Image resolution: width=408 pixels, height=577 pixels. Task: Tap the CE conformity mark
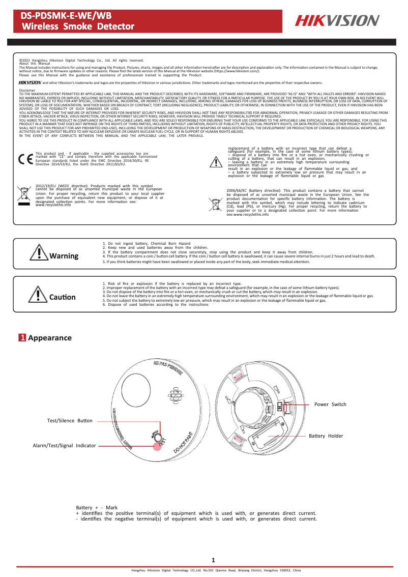pyautogui.click(x=24, y=158)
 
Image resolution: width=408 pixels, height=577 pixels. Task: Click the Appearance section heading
pyautogui.click(x=50, y=338)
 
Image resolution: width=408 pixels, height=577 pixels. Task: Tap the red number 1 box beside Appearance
pyautogui.click(x=22, y=338)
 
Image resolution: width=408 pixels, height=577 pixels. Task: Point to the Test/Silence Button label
pyautogui.click(x=70, y=421)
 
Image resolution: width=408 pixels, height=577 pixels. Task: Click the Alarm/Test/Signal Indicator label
pyautogui.click(x=65, y=445)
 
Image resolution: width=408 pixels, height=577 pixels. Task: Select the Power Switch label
pyautogui.click(x=330, y=405)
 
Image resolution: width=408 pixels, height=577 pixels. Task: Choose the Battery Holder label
pyautogui.click(x=326, y=436)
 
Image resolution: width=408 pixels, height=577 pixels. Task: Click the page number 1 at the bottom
pyautogui.click(x=213, y=560)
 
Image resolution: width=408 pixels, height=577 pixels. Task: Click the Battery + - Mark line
pyautogui.click(x=97, y=508)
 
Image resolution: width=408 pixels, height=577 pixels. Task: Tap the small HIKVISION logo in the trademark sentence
pyautogui.click(x=30, y=82)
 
